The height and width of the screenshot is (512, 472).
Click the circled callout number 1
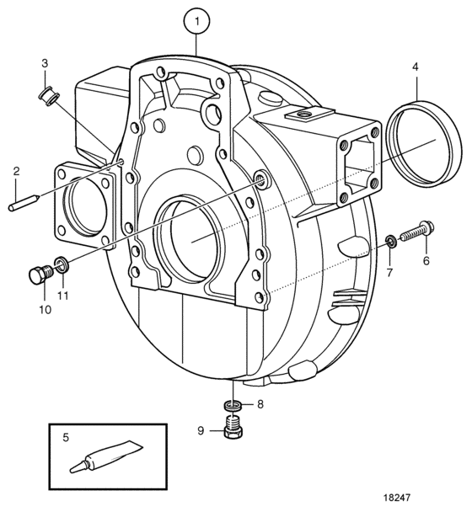click(196, 21)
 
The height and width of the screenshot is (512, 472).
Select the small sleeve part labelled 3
click(50, 98)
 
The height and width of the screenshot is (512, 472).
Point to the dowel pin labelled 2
click(24, 203)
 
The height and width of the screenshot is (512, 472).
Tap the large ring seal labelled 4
click(424, 144)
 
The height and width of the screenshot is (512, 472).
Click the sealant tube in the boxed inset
click(106, 456)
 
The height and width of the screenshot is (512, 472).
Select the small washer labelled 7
click(391, 241)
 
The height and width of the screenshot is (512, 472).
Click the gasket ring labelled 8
click(233, 407)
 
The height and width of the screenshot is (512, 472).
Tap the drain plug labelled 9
click(233, 427)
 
